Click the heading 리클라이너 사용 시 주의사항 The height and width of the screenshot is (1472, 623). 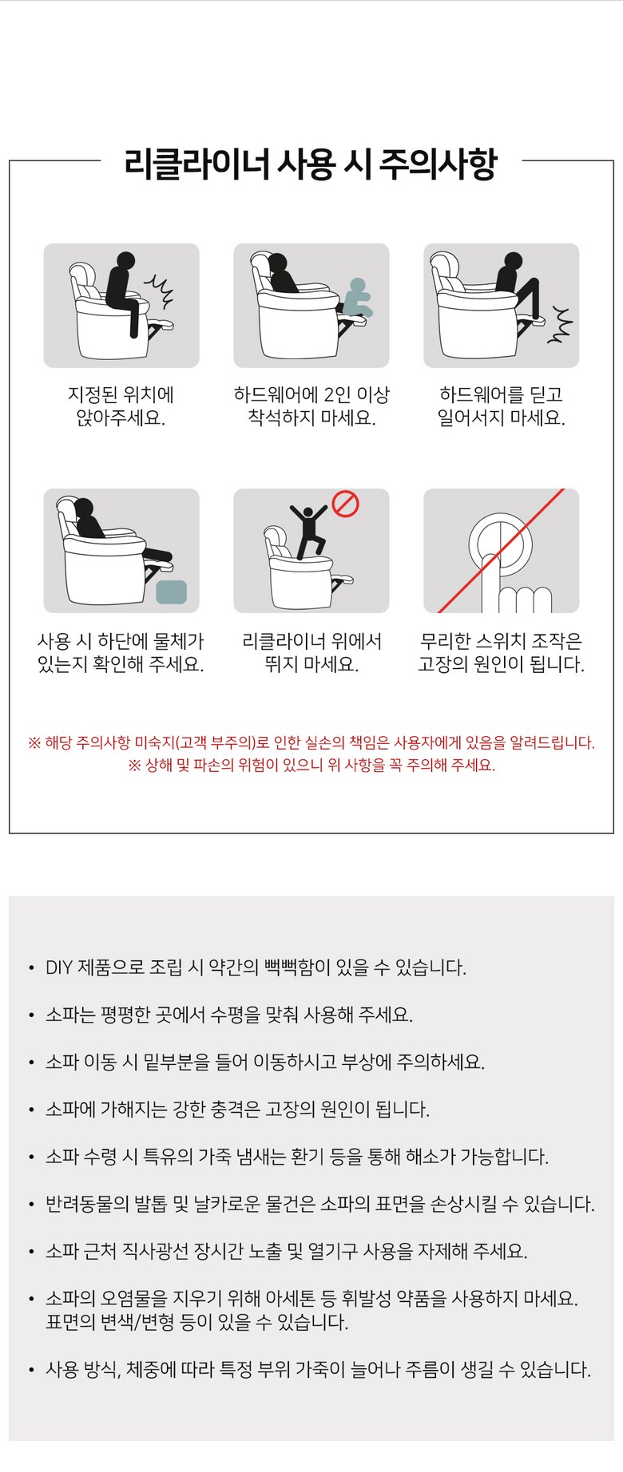pos(311,163)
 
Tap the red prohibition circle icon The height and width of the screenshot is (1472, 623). pos(345,504)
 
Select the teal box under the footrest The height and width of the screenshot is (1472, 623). pos(172,592)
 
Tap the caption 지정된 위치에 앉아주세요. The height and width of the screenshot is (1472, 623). pos(121,406)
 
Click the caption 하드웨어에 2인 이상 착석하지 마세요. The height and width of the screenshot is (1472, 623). pos(311,406)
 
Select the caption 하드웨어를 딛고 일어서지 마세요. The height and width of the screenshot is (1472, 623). pos(502,406)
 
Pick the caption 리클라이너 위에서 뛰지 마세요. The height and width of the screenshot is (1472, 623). pos(311,652)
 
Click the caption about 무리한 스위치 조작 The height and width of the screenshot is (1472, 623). pos(502,652)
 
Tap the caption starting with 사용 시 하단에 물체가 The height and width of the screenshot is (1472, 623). pos(121,652)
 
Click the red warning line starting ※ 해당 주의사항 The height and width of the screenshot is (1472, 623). pos(311,742)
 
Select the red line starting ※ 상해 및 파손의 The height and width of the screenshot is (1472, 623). pos(311,765)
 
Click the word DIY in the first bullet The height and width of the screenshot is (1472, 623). pos(59,967)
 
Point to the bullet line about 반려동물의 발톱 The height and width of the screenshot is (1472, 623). pos(320,1204)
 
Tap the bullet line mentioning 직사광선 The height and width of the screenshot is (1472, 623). pos(287,1251)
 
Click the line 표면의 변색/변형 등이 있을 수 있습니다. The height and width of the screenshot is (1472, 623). pos(197,1322)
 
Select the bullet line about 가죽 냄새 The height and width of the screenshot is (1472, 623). pos(297,1157)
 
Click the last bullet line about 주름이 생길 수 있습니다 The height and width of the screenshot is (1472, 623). pos(319,1370)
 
